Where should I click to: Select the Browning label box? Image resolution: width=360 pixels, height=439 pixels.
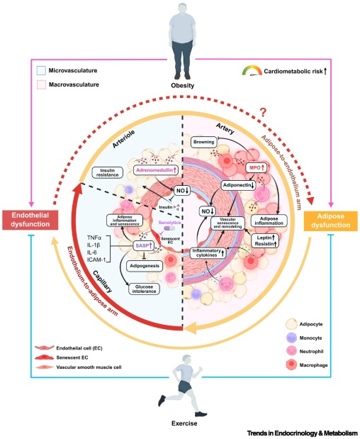tap(206, 142)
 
